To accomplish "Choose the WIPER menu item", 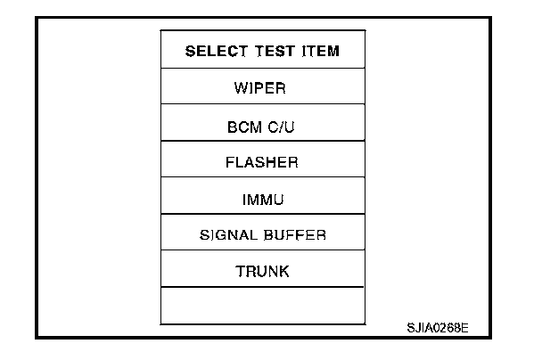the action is point(262,88).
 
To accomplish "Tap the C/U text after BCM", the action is point(282,127).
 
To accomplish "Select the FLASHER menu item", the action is point(262,162).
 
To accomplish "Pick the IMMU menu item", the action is point(262,199).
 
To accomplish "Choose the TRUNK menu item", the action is point(262,272).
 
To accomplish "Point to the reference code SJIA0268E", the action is point(437,327).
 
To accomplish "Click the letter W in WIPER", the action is point(241,88).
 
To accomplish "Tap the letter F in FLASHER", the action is point(231,162).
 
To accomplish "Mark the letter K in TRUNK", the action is point(284,272).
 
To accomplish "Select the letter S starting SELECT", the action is point(190,51).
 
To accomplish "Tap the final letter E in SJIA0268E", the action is point(464,327).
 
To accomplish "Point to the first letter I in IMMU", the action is point(243,199).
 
